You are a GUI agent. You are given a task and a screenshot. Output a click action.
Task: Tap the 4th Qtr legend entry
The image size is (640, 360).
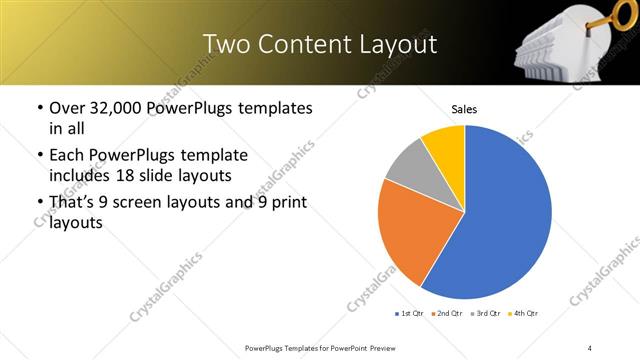click(523, 313)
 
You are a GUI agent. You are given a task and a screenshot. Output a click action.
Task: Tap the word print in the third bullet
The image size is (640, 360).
click(288, 203)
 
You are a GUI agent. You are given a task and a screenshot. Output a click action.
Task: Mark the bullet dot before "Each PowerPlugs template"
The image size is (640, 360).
click(40, 156)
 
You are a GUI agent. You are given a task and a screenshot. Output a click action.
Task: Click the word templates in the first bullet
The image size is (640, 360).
click(273, 108)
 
